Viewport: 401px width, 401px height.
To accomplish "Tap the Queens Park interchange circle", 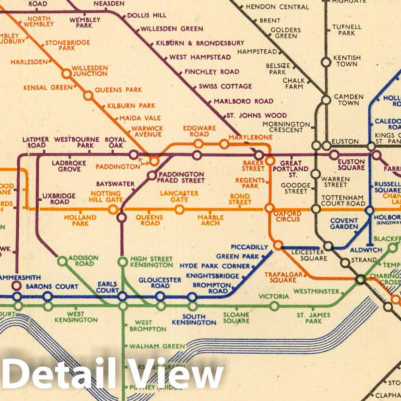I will coord(88,96).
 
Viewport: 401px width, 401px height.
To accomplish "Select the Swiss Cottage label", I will coord(225,87).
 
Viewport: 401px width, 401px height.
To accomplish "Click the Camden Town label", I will coord(348,100).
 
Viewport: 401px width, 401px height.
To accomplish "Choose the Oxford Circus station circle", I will coord(269,208).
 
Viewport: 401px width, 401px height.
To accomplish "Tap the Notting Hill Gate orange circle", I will coord(113,210).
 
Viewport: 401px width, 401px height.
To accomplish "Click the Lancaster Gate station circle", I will coord(179,210).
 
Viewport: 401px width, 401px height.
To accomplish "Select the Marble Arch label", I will coord(211,220).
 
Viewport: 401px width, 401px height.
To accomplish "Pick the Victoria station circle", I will coord(274,306).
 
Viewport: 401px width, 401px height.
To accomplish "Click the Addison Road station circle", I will coord(62,261).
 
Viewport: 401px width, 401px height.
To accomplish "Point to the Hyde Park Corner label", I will coord(215,266).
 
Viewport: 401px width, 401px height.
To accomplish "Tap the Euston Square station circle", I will coord(333,155).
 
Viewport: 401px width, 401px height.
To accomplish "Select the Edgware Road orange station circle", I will coord(198,144).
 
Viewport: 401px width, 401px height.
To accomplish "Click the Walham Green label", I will coord(157,346).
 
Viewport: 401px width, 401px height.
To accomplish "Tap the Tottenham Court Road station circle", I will coord(316,209).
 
